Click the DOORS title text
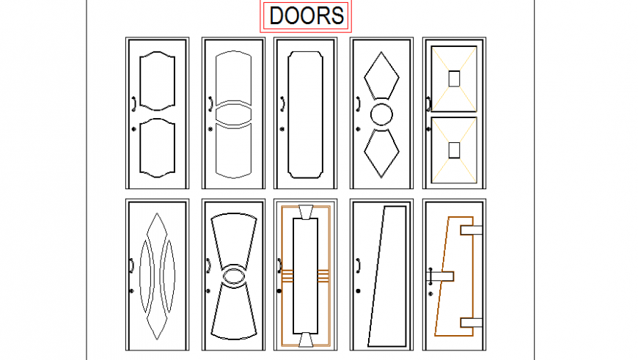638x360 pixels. click(x=306, y=16)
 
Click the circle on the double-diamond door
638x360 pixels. click(x=383, y=114)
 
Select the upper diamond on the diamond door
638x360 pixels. click(x=383, y=75)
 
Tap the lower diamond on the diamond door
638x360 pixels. click(x=383, y=153)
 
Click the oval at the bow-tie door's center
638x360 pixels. click(x=235, y=276)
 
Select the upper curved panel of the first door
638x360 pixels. click(x=158, y=80)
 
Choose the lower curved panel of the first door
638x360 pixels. click(x=158, y=149)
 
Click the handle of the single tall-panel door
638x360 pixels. click(x=282, y=104)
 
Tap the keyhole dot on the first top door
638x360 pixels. click(x=133, y=129)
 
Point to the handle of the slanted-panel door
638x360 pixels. click(x=358, y=265)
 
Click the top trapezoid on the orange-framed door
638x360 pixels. click(x=305, y=213)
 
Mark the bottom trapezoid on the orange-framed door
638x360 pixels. click(x=305, y=339)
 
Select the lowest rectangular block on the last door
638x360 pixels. click(x=470, y=322)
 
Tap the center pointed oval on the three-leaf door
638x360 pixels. click(x=158, y=276)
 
